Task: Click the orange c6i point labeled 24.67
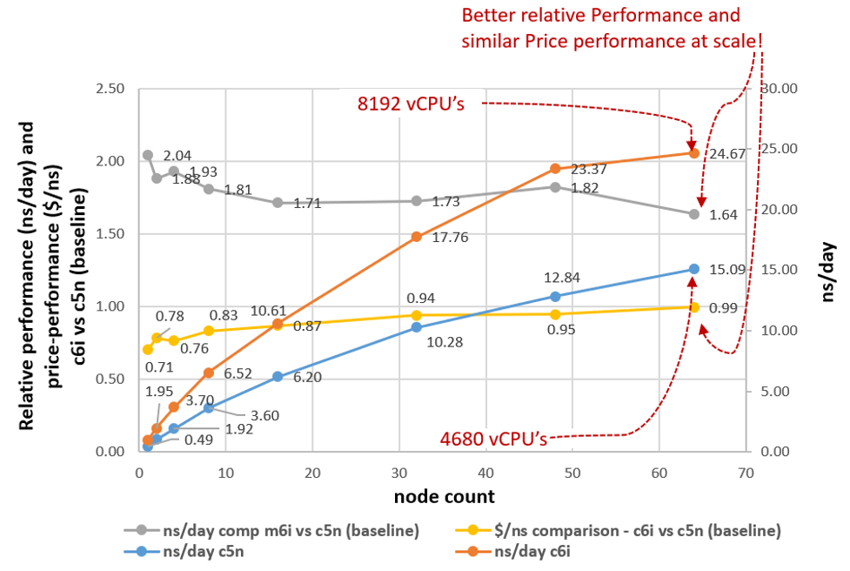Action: [x=694, y=153]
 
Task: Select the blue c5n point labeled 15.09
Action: [x=694, y=269]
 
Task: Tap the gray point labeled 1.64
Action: [x=694, y=214]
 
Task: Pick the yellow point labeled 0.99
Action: [x=694, y=306]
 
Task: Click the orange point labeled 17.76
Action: [x=417, y=237]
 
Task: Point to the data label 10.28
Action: [x=445, y=343]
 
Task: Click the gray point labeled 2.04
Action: [x=148, y=155]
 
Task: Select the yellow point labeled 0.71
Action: [x=148, y=349]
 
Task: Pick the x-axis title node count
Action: [x=444, y=497]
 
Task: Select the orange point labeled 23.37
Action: [x=555, y=169]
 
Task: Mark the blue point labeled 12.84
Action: [x=555, y=296]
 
